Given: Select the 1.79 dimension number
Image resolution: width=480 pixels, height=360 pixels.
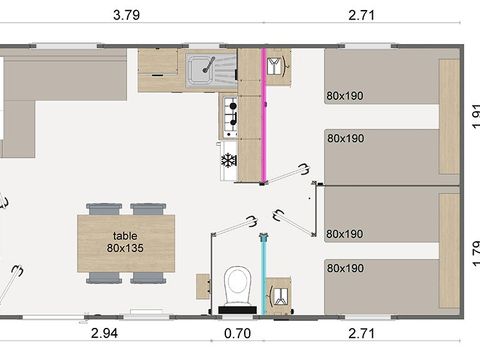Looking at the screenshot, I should pos(471,249).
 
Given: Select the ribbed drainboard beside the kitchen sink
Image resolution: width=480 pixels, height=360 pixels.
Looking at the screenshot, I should pos(222,69).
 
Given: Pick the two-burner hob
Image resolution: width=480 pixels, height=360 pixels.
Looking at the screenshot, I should pos(229,116).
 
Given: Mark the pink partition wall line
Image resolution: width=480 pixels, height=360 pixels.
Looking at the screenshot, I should pos(263,115).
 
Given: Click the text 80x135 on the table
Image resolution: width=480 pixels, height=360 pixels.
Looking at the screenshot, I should pos(126,247).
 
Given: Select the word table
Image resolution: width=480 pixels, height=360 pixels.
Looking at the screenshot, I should pos(126,235).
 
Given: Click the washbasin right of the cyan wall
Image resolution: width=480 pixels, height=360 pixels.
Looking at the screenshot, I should pos(280,292).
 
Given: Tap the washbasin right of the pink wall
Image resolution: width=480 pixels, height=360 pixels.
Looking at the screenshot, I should pos(278,69).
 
